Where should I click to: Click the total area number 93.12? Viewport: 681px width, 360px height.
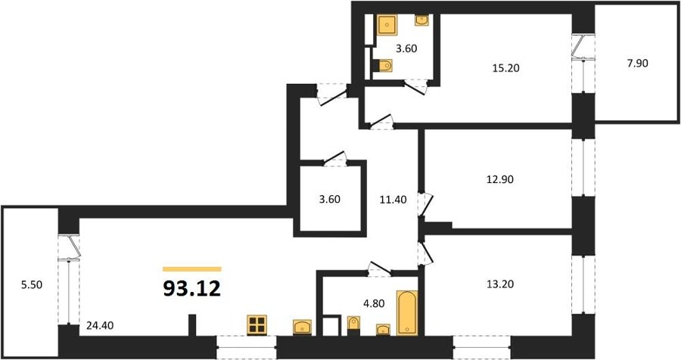pyautogui.click(x=192, y=288)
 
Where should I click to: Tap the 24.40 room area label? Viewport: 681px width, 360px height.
pyautogui.click(x=100, y=324)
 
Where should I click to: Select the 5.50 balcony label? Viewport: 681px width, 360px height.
pyautogui.click(x=32, y=285)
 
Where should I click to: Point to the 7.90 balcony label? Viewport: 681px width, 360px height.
pyautogui.click(x=637, y=64)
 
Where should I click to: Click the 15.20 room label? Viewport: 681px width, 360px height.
pyautogui.click(x=506, y=68)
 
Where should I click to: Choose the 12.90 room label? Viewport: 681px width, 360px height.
pyautogui.click(x=500, y=179)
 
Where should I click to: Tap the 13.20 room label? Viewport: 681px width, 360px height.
pyautogui.click(x=500, y=284)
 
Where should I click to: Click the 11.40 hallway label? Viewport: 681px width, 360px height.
pyautogui.click(x=393, y=200)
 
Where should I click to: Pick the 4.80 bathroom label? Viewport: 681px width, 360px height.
pyautogui.click(x=374, y=303)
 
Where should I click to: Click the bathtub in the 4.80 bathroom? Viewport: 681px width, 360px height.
pyautogui.click(x=407, y=312)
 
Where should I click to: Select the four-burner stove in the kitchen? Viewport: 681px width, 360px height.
pyautogui.click(x=257, y=325)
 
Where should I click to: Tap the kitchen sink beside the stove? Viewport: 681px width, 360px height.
pyautogui.click(x=302, y=327)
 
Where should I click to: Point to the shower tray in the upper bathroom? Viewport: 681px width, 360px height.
pyautogui.click(x=387, y=24)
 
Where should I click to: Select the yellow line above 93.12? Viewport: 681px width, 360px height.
pyautogui.click(x=192, y=269)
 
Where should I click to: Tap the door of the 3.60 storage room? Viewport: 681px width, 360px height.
pyautogui.click(x=335, y=158)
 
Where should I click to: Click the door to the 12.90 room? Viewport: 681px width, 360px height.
pyautogui.click(x=426, y=204)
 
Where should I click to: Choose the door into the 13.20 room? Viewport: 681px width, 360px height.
pyautogui.click(x=425, y=253)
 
